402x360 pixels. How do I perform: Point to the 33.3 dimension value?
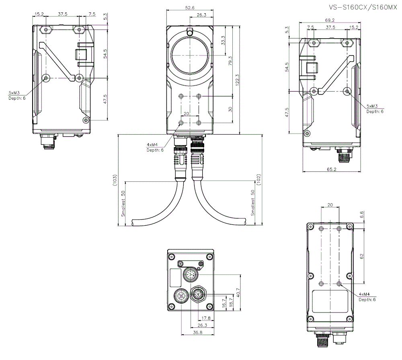tap(223, 41)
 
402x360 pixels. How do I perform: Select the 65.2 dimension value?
tap(332, 169)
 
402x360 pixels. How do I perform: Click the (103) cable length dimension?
tap(115, 180)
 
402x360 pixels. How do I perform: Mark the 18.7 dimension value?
tap(230, 302)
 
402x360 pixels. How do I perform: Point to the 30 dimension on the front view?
tap(230, 109)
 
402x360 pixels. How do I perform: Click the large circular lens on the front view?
tap(190, 55)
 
